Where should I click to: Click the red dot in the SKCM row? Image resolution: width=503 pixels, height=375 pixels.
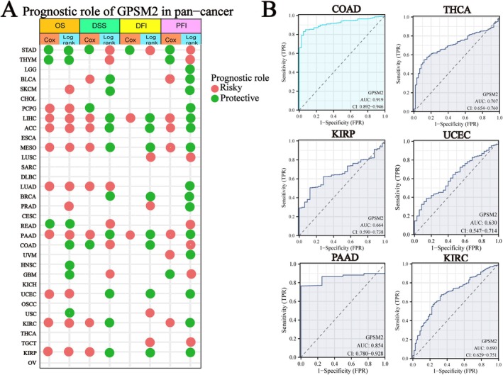pyautogui.click(x=69, y=89)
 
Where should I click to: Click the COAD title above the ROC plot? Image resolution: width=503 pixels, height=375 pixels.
pyautogui.click(x=341, y=9)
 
